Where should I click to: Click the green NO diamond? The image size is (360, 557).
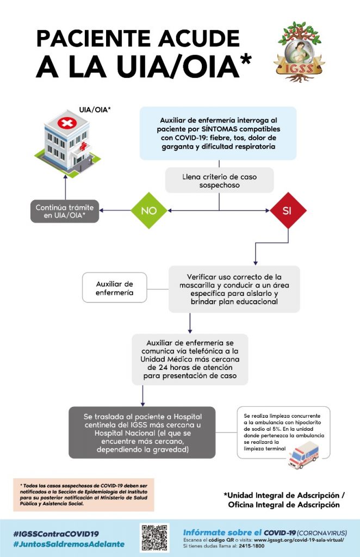click(149, 211)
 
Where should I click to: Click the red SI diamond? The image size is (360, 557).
click(288, 211)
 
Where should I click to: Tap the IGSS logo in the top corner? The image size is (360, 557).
click(299, 52)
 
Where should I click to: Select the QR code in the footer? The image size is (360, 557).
click(154, 537)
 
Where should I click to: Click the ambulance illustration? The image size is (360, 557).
click(303, 455)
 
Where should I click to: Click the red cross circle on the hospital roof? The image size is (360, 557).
click(67, 123)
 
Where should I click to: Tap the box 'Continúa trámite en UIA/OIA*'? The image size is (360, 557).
click(65, 212)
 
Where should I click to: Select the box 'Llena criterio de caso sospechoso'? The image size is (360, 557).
click(219, 181)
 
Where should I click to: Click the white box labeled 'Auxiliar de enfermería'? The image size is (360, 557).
click(114, 288)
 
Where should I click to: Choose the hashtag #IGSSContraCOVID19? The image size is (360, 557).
click(55, 534)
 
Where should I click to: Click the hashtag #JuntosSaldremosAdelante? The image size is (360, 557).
click(69, 544)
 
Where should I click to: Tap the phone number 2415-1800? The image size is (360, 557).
click(252, 546)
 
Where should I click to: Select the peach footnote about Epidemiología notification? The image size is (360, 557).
click(84, 494)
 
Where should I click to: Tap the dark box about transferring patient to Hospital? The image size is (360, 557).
click(142, 432)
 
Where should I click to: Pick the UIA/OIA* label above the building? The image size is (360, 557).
click(95, 110)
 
